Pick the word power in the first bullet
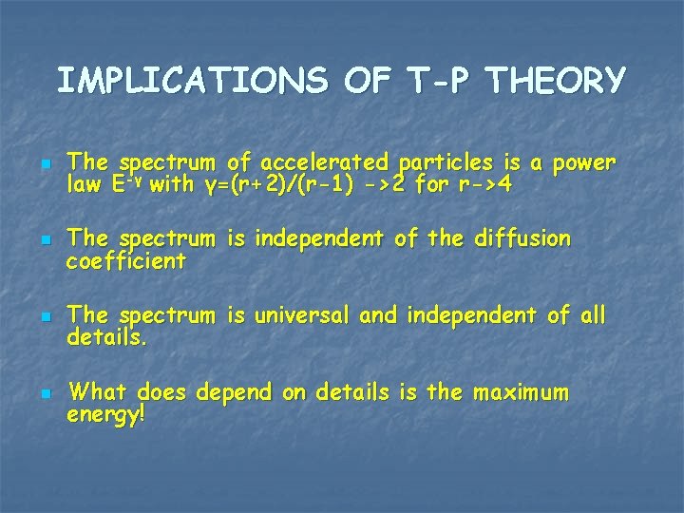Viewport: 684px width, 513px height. (583, 162)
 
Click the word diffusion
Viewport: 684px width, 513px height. (521, 238)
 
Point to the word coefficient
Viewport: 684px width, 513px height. (126, 258)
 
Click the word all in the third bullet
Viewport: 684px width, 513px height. (590, 314)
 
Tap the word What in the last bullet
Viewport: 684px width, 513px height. (101, 390)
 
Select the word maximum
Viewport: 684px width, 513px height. (522, 390)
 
